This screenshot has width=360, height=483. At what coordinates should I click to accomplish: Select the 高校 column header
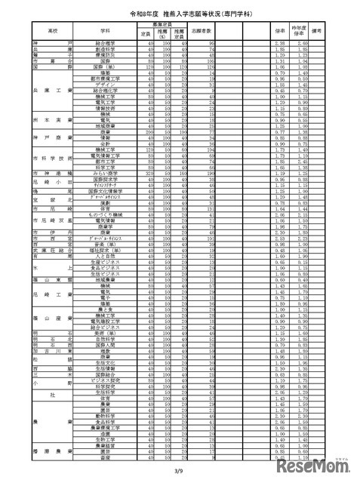pyautogui.click(x=52, y=32)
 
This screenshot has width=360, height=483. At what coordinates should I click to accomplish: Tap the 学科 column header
pyautogui.click(x=111, y=32)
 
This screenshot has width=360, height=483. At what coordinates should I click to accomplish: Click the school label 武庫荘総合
pyautogui.click(x=52, y=251)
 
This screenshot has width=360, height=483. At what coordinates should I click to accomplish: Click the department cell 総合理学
pyautogui.click(x=111, y=44)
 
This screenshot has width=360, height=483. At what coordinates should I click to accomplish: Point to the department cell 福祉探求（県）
pyautogui.click(x=111, y=251)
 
